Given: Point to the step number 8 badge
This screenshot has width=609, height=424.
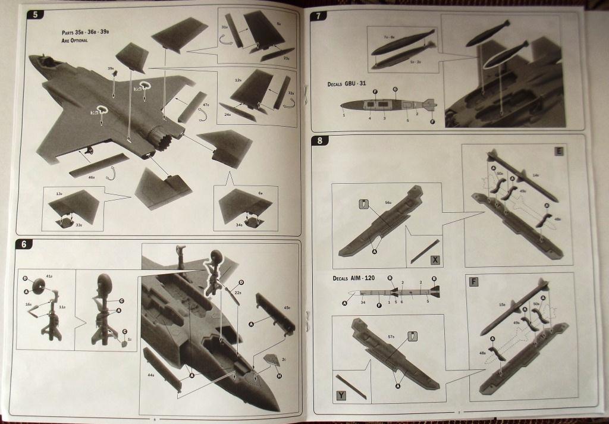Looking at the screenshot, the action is tap(321, 142).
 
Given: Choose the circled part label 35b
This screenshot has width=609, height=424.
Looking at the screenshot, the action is tap(142, 87).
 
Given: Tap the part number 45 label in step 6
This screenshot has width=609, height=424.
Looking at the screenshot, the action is tap(286, 307).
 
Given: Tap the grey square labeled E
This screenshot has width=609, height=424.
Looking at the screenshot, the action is tap(559, 151).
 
